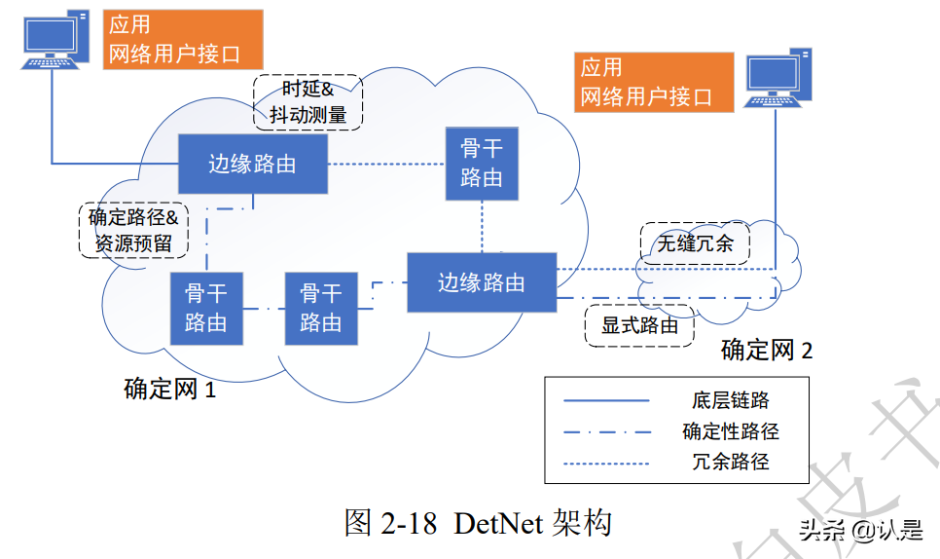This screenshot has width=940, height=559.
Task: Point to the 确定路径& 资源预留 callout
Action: tap(133, 230)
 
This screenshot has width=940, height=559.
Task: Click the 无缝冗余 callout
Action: tap(695, 243)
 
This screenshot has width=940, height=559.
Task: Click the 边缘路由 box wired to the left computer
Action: tap(252, 164)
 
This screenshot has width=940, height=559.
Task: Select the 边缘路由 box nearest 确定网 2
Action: tap(481, 282)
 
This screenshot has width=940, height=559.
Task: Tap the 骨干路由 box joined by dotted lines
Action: tap(482, 163)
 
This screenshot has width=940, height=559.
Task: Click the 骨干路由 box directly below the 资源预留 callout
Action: tap(205, 309)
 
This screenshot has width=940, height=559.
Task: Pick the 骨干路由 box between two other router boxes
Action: tap(320, 309)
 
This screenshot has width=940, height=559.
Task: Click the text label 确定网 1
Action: tap(169, 390)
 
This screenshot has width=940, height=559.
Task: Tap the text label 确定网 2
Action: tap(766, 350)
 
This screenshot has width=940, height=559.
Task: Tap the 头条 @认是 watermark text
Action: tap(860, 530)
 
